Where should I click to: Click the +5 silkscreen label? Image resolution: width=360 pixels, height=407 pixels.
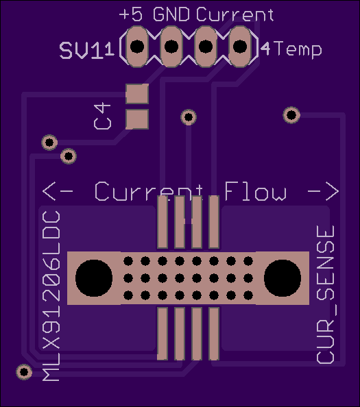click(x=131, y=14)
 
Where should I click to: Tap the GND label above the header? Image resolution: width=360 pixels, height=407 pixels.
click(x=171, y=14)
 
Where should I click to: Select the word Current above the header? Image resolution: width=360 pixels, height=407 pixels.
click(x=235, y=14)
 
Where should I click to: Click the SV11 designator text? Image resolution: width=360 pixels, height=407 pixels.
click(x=86, y=50)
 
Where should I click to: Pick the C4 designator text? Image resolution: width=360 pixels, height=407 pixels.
click(x=102, y=116)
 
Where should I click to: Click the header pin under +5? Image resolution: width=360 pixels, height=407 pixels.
click(x=137, y=47)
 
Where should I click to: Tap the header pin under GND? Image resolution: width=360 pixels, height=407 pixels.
click(x=171, y=47)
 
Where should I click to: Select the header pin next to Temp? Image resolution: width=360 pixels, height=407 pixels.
click(x=240, y=47)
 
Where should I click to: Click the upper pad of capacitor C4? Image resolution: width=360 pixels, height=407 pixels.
click(x=137, y=94)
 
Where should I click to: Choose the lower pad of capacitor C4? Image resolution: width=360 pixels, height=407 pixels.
click(x=137, y=119)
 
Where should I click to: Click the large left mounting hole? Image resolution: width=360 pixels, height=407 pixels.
click(x=94, y=278)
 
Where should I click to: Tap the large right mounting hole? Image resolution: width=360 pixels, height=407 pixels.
click(x=283, y=278)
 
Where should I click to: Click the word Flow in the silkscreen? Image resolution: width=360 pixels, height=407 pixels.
click(x=255, y=191)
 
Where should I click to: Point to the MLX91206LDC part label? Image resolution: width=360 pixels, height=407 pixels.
click(x=51, y=296)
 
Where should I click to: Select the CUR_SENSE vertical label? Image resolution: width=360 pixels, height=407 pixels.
click(x=326, y=295)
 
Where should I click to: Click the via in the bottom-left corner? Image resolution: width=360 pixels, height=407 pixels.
click(x=24, y=371)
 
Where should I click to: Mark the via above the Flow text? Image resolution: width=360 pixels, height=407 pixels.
click(x=291, y=114)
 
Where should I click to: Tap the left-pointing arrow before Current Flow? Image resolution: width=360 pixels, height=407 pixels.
click(x=58, y=191)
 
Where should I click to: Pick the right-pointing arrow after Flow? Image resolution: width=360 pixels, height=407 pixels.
click(x=323, y=191)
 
